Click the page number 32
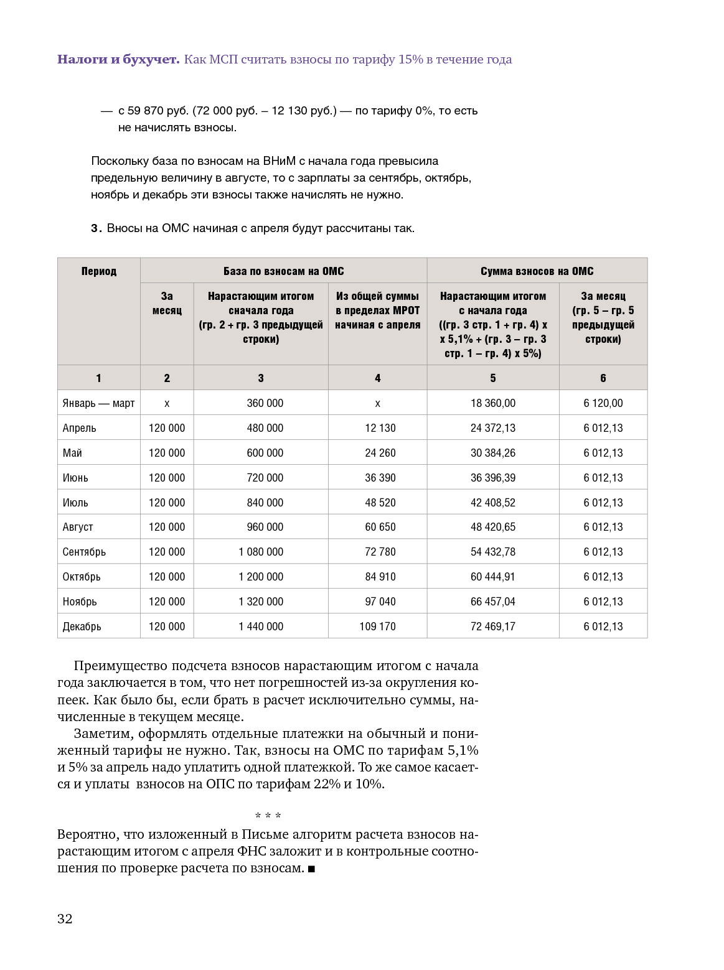[65, 919]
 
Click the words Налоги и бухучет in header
[118, 60]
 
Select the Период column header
[98, 271]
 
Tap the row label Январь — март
[98, 403]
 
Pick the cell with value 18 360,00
[492, 403]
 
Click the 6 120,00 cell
[603, 403]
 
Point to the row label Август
[78, 527]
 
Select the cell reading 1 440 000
[260, 627]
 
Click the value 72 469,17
[492, 627]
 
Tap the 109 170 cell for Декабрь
[377, 627]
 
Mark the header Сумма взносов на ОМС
[537, 271]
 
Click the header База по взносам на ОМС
[283, 271]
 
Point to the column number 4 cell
[377, 378]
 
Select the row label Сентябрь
[84, 552]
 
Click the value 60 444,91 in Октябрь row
[492, 577]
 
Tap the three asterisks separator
[268, 816]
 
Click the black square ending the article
[311, 869]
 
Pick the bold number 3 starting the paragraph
[95, 228]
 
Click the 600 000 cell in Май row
[265, 453]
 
